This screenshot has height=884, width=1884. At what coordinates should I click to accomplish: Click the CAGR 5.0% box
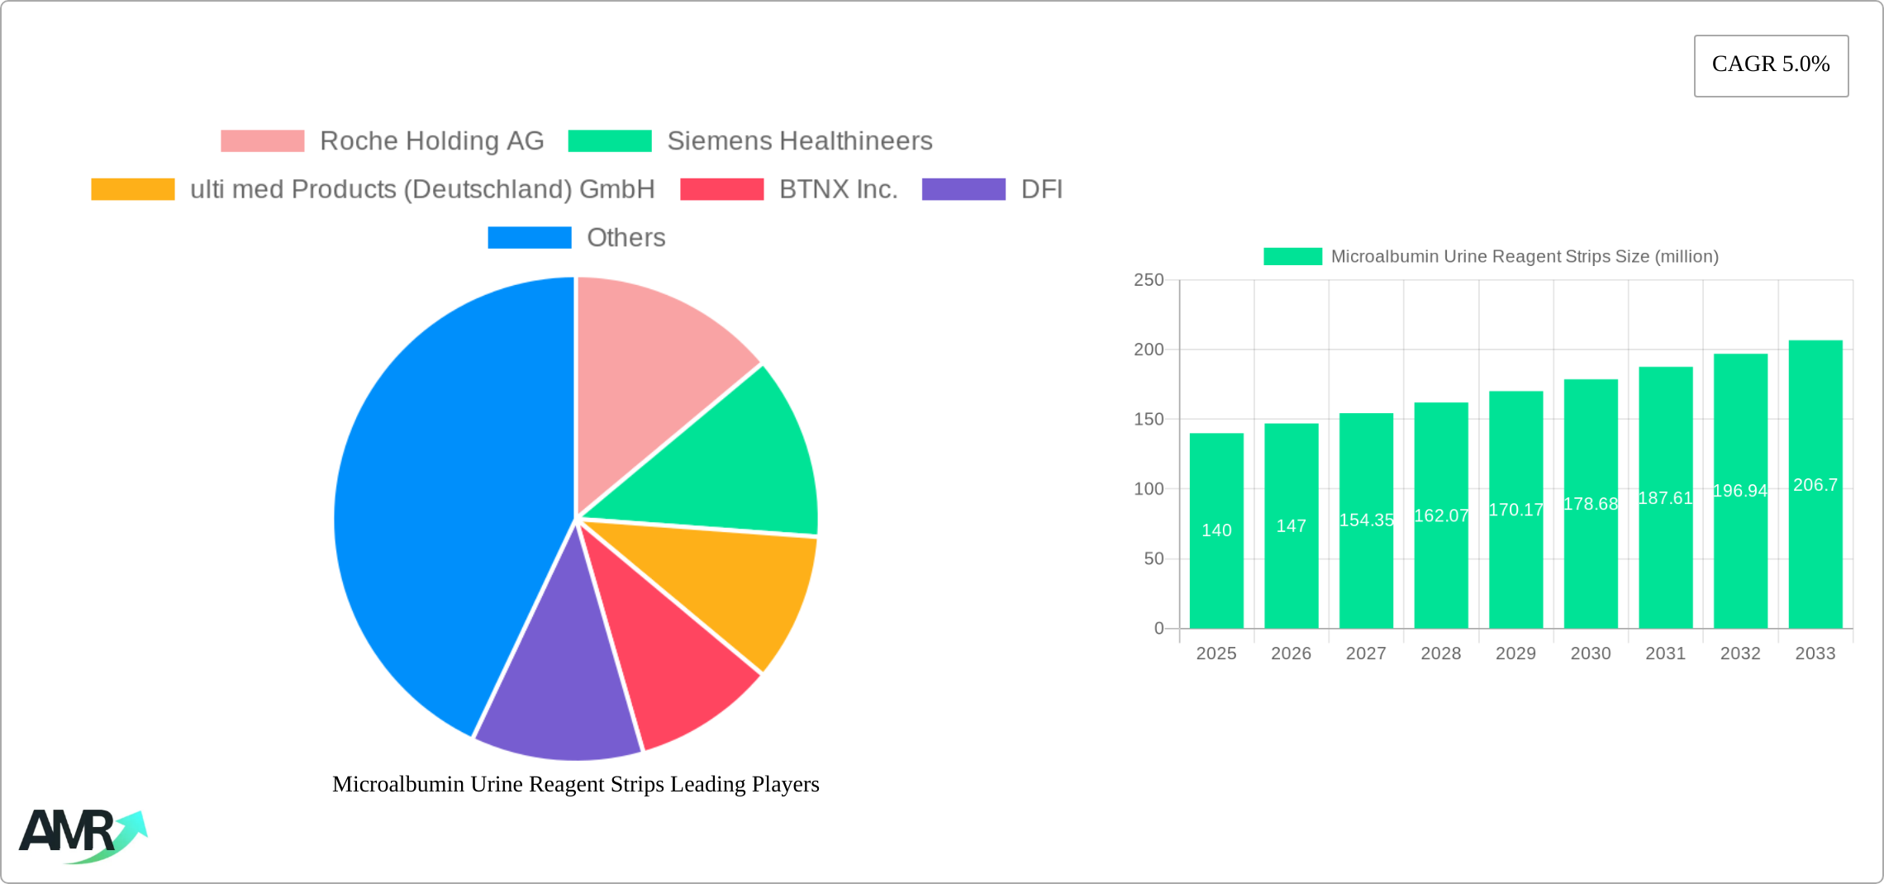point(1771,65)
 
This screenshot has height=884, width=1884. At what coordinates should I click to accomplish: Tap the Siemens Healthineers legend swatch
point(610,141)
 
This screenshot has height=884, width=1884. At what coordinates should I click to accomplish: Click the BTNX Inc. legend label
point(838,189)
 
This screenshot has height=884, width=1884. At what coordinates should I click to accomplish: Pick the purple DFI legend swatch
point(963,189)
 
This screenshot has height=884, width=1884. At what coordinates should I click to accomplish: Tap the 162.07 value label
point(1441,516)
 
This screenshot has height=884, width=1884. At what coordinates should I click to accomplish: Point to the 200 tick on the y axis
point(1149,349)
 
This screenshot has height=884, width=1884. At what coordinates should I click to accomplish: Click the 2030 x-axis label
point(1591,653)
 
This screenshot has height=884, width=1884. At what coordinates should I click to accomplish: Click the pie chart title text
point(576,784)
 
